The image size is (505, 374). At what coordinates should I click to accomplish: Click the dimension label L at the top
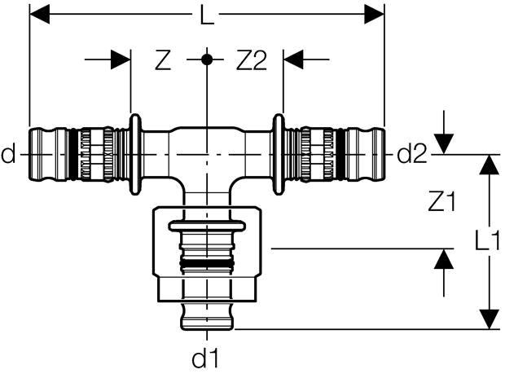pos(206,14)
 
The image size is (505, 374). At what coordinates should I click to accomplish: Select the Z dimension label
pos(163,59)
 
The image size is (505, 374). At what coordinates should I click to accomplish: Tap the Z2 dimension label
pos(252,59)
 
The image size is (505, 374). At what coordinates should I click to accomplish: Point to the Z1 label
pos(441,201)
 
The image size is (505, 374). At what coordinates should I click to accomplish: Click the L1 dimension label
pos(488,240)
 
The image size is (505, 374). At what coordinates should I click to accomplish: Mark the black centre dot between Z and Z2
pos(206,59)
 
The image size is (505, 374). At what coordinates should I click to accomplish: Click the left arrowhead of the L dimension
pos(40,14)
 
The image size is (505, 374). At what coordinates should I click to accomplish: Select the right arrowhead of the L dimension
pos(374,14)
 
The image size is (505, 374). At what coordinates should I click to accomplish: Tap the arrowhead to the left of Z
pos(121,59)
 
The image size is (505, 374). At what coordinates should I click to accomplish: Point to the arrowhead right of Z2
pos(293,59)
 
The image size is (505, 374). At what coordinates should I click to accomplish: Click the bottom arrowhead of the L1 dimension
pos(490,319)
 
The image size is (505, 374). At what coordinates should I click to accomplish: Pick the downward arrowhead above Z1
pos(444,144)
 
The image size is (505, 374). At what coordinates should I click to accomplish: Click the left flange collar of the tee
pos(135,154)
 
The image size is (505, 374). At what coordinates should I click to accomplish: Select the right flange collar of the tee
pos(279,154)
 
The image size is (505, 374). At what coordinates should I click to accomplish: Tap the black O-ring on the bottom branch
pos(206,264)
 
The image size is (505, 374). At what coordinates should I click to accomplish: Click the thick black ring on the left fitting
pos(73,154)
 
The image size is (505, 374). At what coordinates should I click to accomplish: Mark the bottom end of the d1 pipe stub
pos(206,329)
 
